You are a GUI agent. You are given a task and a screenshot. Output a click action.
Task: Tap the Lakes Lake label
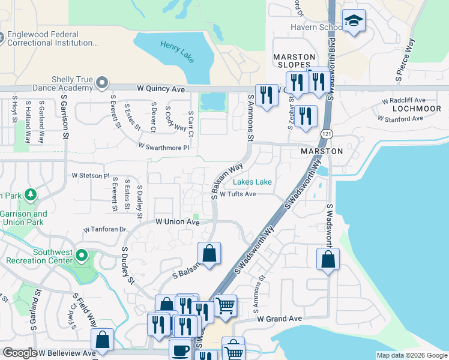252,182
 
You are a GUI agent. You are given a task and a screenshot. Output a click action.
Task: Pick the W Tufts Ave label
238,194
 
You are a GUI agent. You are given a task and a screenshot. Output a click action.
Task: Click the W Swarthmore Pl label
163,146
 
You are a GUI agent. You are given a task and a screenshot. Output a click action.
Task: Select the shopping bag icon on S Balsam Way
209,253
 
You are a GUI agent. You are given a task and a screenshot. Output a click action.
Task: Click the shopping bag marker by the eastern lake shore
328,259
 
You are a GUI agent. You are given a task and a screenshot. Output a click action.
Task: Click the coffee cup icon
179,350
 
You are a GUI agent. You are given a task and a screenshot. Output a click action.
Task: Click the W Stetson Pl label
91,176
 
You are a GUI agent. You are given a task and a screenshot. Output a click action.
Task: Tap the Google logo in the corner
20,353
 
